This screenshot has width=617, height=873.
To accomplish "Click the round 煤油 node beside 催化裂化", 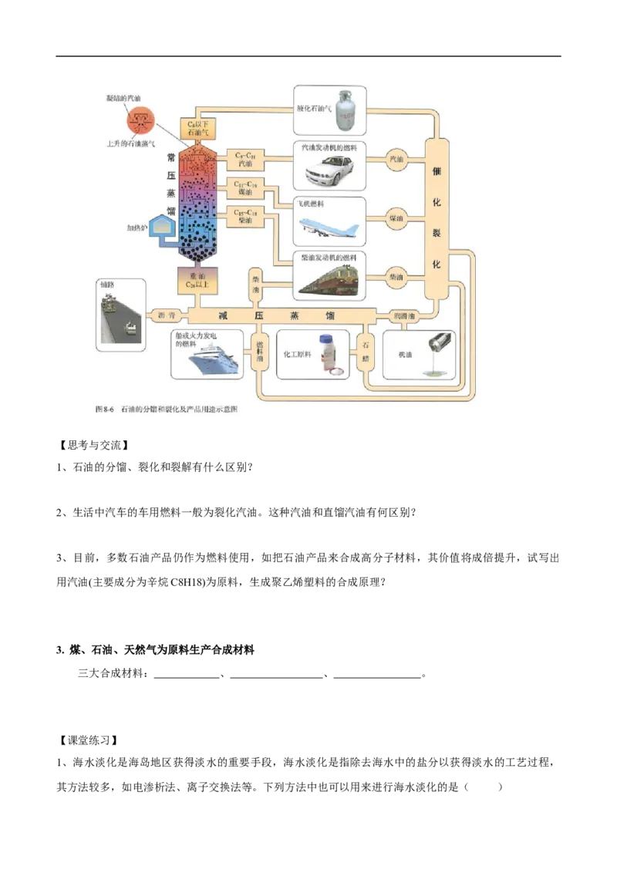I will (397, 218).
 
